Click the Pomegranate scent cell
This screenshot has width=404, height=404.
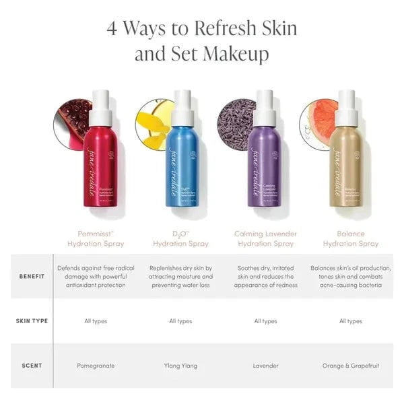tap(96, 366)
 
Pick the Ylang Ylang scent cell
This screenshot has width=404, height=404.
tap(180, 366)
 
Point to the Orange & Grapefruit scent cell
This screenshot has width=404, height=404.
tap(351, 366)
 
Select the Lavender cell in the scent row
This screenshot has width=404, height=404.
tap(265, 366)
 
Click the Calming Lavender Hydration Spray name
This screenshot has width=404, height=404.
tap(265, 238)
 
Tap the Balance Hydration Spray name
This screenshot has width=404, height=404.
tap(350, 238)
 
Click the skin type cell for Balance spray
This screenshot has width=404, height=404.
tap(351, 321)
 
